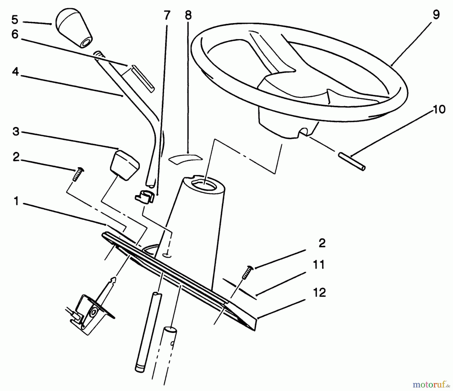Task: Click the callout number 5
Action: [x=15, y=20]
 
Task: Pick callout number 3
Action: [x=16, y=131]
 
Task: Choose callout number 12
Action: [x=319, y=292]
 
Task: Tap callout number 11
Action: [x=319, y=265]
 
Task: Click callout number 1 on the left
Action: [x=16, y=201]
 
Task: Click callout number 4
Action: [x=15, y=72]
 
